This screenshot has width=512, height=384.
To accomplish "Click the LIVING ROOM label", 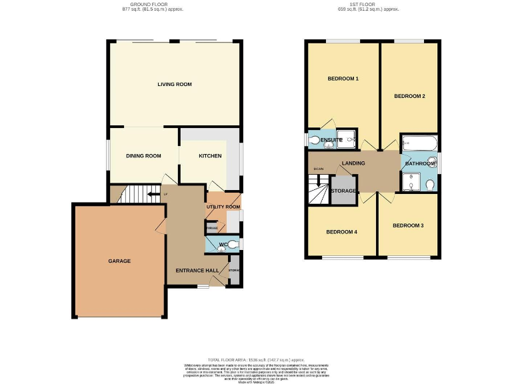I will click(175, 85).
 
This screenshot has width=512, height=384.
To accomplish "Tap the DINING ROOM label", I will click(144, 156).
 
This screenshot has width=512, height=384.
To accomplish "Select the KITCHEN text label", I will click(210, 156).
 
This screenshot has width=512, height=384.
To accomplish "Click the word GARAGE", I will click(119, 261).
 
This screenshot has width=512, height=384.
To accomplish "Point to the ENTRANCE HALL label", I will click(197, 270).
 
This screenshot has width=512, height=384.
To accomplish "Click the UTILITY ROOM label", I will click(223, 207).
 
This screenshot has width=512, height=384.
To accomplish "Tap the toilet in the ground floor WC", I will click(232, 245).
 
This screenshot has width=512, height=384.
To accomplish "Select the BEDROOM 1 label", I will click(343, 79).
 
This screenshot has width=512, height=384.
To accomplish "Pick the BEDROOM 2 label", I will click(409, 96).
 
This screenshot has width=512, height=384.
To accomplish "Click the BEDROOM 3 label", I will click(407, 225).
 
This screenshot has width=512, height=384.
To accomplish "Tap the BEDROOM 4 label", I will click(341, 232).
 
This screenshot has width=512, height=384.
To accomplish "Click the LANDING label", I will click(353, 163).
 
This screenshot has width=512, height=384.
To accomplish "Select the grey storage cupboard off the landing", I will click(343, 191).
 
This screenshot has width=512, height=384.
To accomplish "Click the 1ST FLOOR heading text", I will click(369, 5).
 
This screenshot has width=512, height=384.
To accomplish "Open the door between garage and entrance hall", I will click(161, 224).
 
